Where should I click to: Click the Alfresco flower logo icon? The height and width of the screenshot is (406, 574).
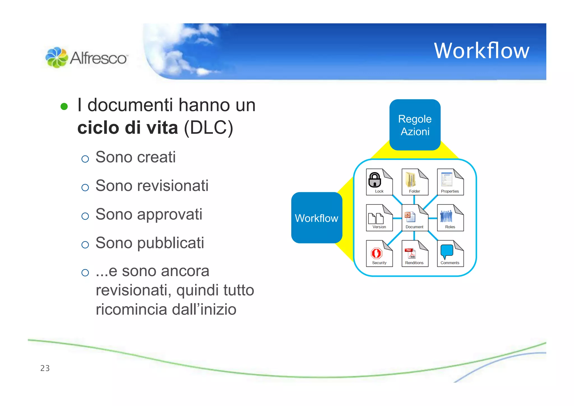tap(57, 57)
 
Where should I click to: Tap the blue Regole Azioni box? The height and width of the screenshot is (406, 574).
tap(415, 125)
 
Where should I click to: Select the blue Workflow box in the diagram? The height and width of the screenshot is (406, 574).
tap(316, 218)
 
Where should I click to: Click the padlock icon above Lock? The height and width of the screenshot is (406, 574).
tap(375, 180)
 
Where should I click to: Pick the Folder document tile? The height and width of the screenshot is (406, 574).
tap(415, 182)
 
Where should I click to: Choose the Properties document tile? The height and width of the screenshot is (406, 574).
tap(450, 182)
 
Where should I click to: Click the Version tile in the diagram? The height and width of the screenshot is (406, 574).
tap(379, 218)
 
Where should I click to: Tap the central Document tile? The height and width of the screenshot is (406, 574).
tap(415, 218)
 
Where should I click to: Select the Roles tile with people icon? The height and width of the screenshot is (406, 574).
tap(450, 218)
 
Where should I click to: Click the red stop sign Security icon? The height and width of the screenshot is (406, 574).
tap(376, 253)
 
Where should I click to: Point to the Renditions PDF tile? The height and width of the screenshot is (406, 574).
tap(415, 254)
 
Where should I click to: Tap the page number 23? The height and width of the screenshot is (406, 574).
tap(45, 368)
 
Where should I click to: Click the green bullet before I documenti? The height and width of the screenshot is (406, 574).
tap(64, 106)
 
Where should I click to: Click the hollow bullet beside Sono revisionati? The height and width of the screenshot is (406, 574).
tap(85, 187)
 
